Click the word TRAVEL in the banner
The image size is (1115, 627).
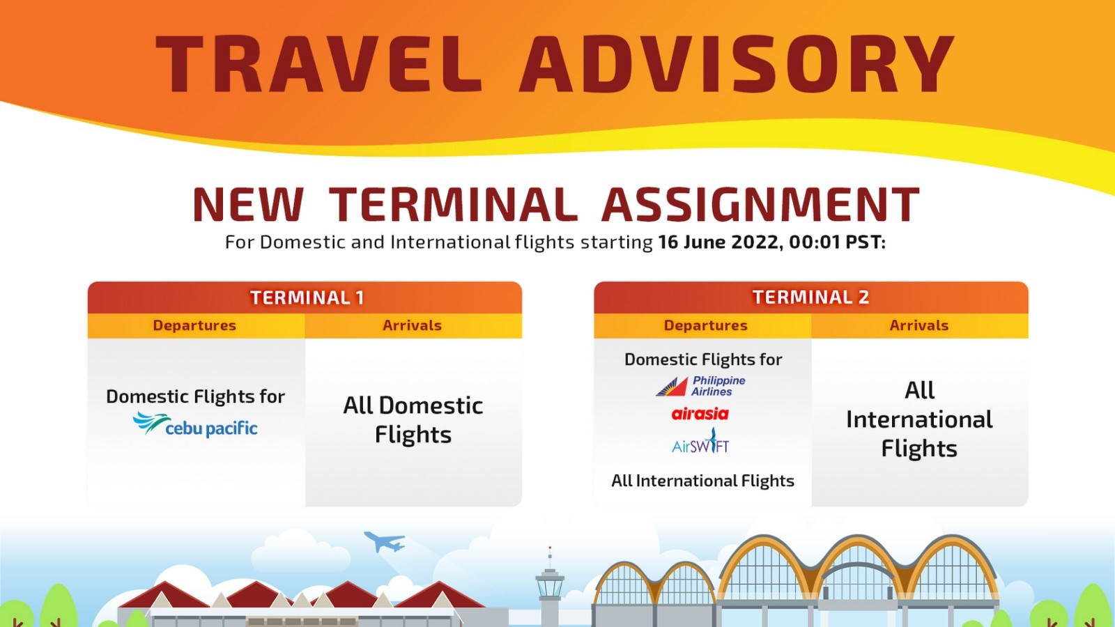click(x=319, y=63)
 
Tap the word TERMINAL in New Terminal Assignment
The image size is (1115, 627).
click(x=454, y=204)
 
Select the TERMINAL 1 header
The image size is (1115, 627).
click(x=307, y=297)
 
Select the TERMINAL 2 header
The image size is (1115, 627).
click(x=811, y=297)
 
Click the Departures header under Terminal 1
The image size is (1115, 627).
click(x=194, y=325)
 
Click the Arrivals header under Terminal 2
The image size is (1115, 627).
click(x=919, y=325)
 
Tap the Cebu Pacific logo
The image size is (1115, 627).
click(x=195, y=424)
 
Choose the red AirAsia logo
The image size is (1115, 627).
click(x=700, y=414)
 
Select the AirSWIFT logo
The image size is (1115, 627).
click(x=700, y=441)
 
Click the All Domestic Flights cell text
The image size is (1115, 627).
click(x=413, y=419)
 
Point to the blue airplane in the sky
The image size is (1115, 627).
click(x=384, y=541)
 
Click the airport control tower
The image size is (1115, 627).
click(x=550, y=587)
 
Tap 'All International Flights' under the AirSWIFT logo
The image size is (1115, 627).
click(x=702, y=481)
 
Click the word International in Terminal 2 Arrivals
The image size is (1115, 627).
click(x=919, y=419)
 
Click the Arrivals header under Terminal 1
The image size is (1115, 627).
click(x=412, y=325)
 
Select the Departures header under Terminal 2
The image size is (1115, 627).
click(x=706, y=325)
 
